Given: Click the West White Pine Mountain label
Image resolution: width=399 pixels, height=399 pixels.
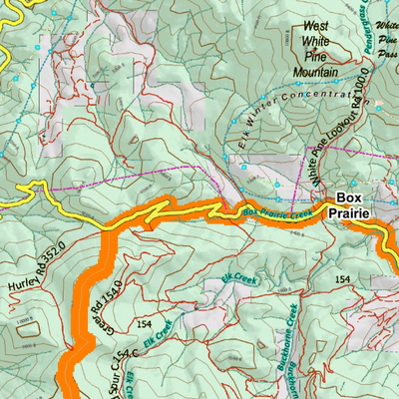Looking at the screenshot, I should (315, 48).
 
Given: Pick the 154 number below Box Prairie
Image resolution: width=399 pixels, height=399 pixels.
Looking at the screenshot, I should (344, 276).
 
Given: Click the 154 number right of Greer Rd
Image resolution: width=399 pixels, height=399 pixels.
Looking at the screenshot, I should (145, 325).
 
